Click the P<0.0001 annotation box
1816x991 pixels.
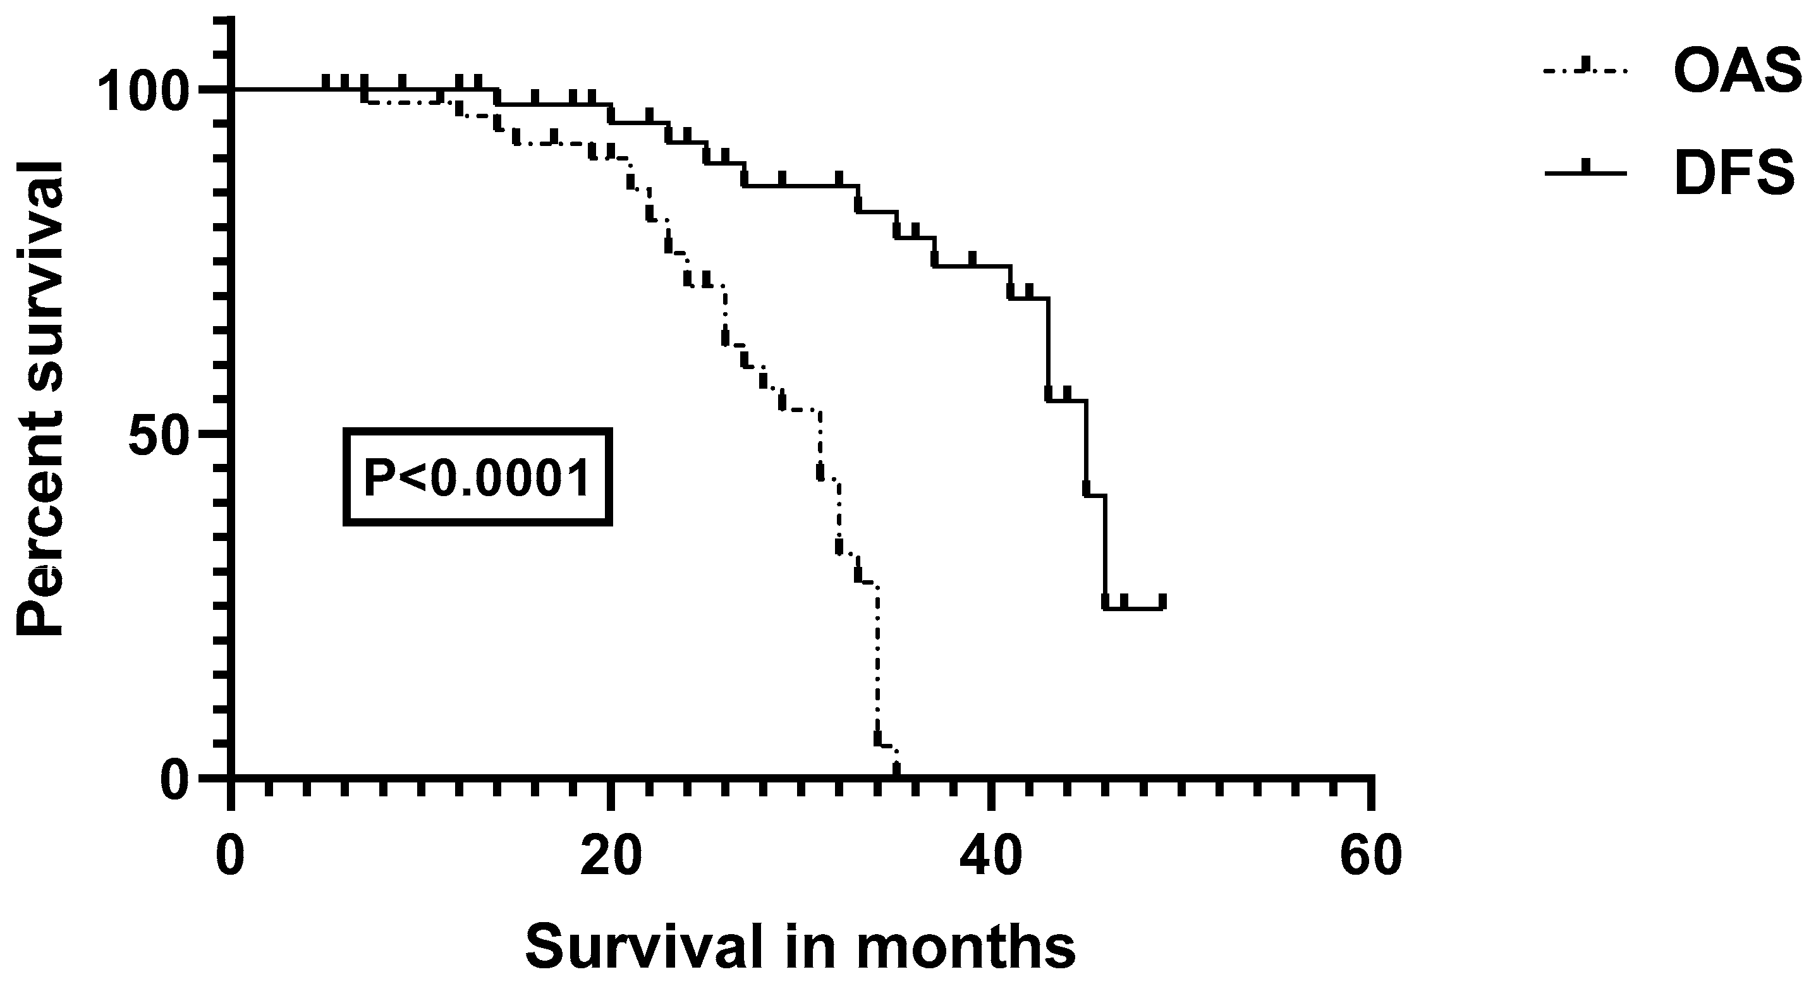coord(477,477)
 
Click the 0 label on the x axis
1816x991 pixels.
coord(231,856)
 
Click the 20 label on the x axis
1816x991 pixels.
coord(611,856)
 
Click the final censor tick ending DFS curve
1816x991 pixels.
coord(1162,601)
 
